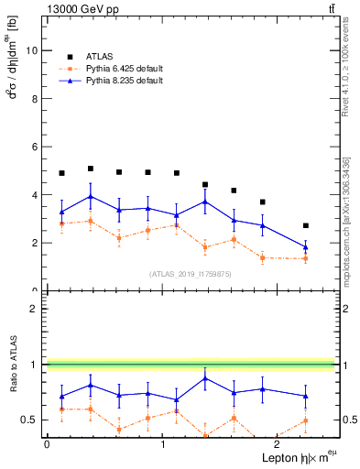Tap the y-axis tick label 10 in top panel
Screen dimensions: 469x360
coord(31,50)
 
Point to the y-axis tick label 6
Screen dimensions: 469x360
coord(34,147)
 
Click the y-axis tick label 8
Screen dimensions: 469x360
coord(34,99)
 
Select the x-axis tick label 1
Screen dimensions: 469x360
coord(162,444)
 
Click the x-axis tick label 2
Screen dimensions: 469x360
coord(278,444)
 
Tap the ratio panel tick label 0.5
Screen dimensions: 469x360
coord(29,420)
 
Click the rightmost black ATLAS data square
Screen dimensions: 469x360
coord(306,225)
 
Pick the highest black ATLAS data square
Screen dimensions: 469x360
coord(90,169)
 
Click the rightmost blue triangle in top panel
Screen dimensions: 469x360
coord(306,247)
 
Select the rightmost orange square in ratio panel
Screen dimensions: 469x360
coord(306,420)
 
